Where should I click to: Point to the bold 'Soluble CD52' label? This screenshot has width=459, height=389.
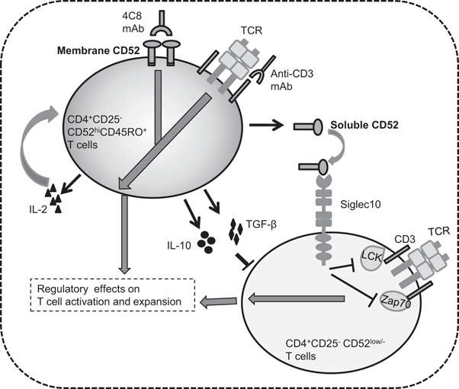[x=361, y=123]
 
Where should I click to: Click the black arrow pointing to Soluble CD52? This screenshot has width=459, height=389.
[x=271, y=123]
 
